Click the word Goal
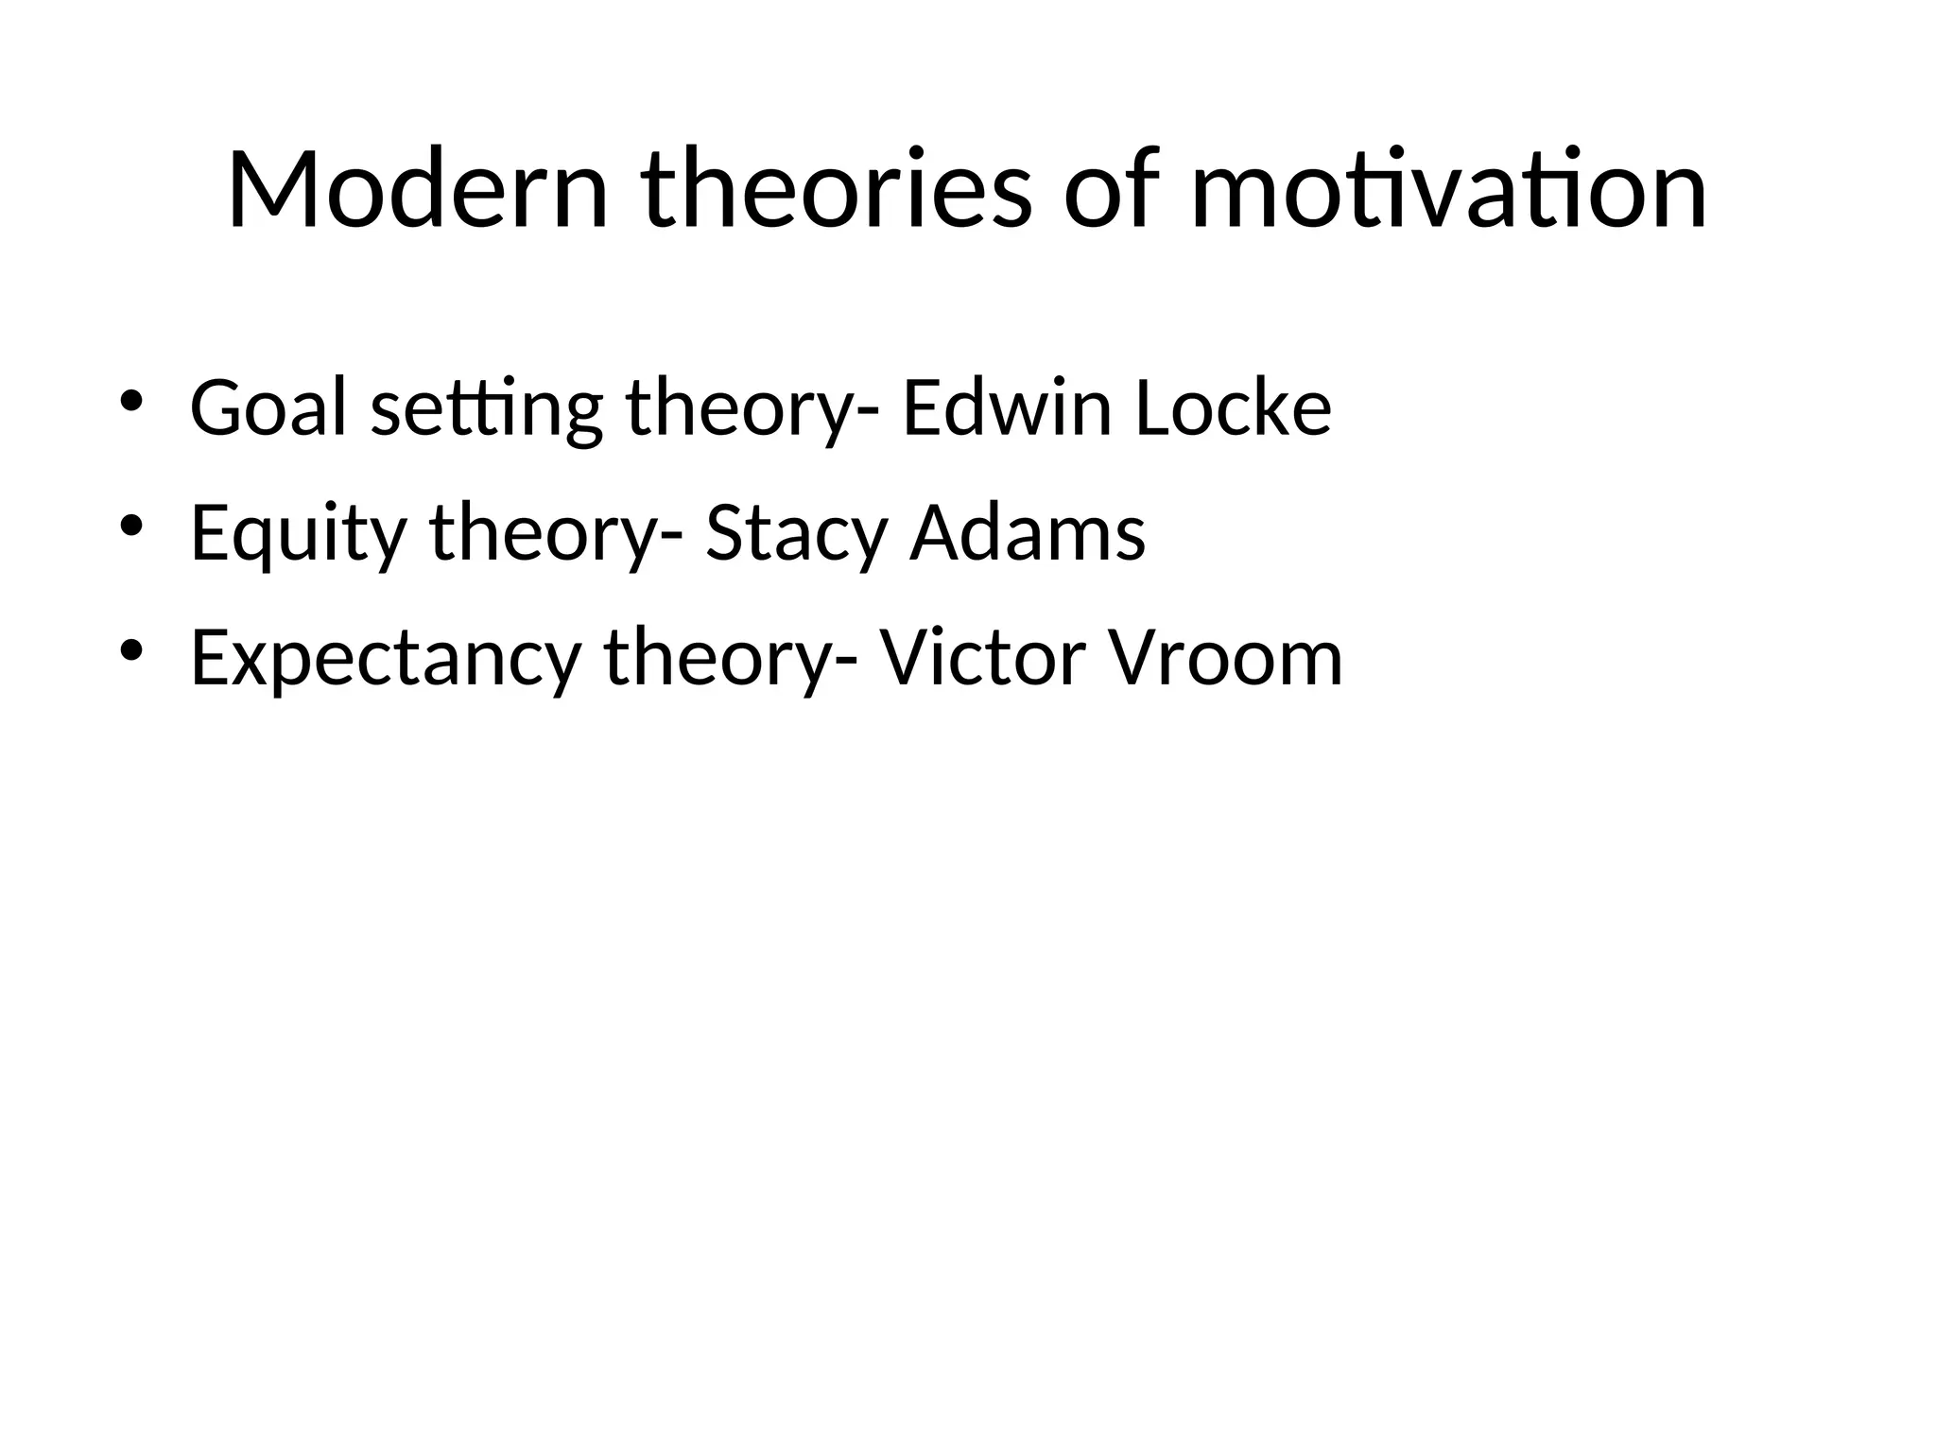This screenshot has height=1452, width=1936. (x=268, y=408)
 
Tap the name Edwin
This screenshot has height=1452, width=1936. (x=1007, y=408)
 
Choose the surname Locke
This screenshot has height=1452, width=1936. (x=1233, y=408)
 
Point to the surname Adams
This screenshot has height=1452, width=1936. (x=1028, y=533)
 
